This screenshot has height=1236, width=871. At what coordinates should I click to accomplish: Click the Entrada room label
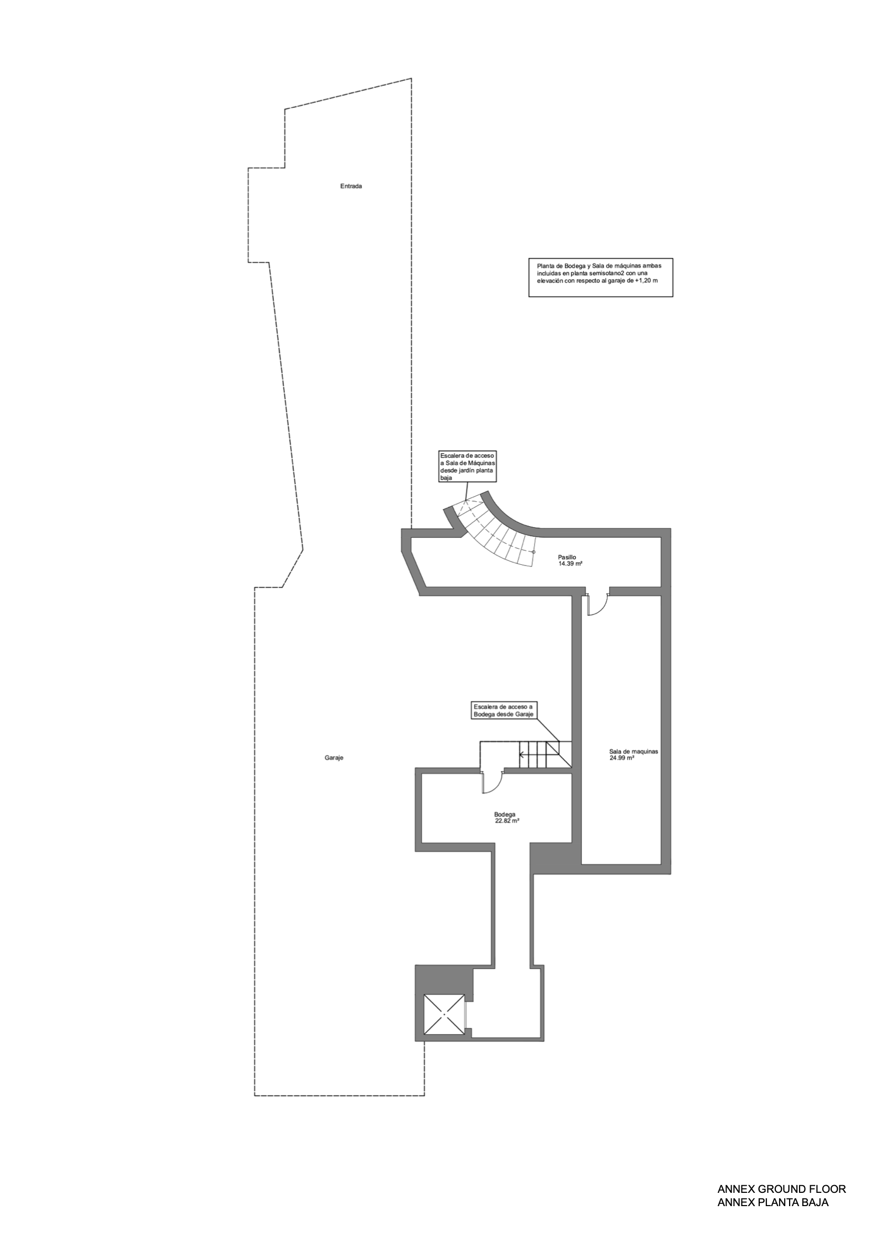pos(351,186)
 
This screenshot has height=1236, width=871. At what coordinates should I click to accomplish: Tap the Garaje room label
pos(334,758)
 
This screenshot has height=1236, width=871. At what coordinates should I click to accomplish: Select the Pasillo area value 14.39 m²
pos(571,564)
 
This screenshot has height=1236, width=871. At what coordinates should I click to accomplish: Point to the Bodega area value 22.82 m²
pos(507,821)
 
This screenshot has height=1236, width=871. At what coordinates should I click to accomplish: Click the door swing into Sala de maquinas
pos(598,604)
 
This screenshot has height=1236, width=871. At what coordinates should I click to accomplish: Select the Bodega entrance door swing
pos(491,781)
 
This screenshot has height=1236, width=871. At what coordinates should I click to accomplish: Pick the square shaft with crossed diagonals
pos(444,1013)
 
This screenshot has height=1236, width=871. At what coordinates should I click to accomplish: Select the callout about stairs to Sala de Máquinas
pos(468,466)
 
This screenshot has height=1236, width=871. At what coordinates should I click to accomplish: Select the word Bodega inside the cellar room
pos(505,814)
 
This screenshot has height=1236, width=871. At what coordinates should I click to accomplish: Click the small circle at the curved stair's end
pos(533,552)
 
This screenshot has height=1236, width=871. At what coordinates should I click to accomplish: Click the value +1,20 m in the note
pos(646,281)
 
